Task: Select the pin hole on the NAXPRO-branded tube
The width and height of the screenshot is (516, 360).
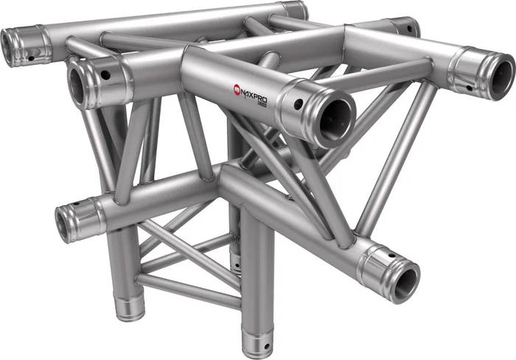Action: (x=298, y=104)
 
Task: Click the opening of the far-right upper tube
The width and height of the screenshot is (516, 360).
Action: (x=502, y=77)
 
